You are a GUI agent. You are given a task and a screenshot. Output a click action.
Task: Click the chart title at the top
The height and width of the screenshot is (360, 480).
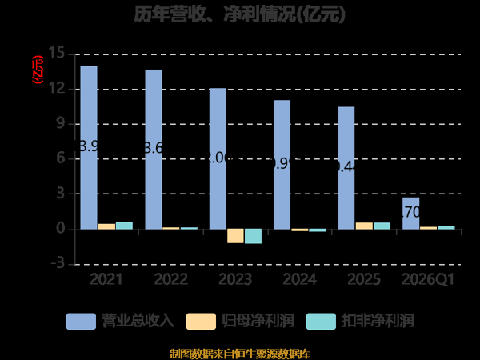tap(240, 14)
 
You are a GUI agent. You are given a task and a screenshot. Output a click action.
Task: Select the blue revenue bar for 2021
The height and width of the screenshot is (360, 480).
tap(89, 147)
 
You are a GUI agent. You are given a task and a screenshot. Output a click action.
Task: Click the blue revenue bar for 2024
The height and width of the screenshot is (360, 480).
tap(282, 164)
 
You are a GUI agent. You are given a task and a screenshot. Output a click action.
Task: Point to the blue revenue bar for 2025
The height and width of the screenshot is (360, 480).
tap(346, 167)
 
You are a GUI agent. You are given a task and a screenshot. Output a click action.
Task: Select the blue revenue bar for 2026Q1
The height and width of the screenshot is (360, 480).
tap(410, 213)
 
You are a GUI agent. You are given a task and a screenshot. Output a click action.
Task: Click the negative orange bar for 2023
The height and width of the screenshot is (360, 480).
tap(235, 235)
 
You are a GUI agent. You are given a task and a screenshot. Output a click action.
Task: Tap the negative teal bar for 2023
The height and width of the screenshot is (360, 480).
tap(253, 236)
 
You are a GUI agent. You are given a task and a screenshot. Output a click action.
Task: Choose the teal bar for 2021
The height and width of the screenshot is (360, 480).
tap(124, 226)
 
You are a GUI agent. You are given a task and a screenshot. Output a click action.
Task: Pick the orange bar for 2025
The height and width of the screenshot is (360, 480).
tap(364, 226)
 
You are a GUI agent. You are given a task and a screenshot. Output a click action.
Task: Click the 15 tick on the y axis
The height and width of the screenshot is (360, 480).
tap(56, 54)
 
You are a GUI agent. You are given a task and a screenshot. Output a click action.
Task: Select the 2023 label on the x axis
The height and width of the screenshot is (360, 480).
tap(235, 279)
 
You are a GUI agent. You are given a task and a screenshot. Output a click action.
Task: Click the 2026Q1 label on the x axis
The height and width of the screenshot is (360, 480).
tap(427, 279)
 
